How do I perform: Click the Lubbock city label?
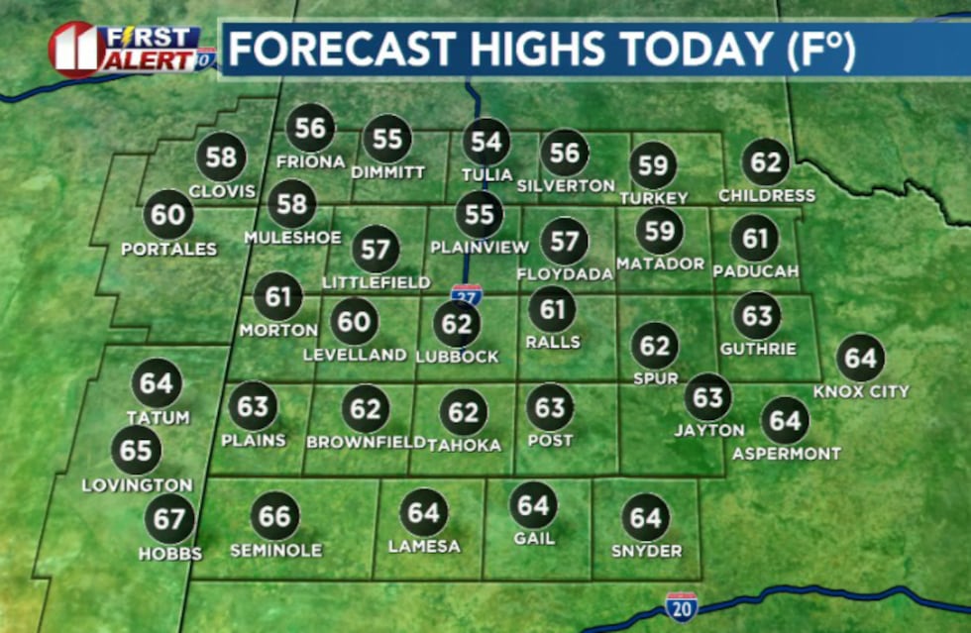click(x=457, y=357)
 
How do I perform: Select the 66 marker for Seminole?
click(x=275, y=516)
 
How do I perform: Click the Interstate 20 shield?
click(x=681, y=605)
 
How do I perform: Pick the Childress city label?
click(x=767, y=195)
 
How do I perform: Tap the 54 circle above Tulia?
click(x=486, y=142)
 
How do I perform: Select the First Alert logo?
click(x=129, y=49)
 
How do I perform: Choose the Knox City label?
click(x=861, y=391)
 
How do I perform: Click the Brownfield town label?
click(x=366, y=443)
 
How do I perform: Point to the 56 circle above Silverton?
click(x=565, y=153)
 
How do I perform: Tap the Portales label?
click(x=168, y=249)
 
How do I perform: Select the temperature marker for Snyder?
click(x=646, y=517)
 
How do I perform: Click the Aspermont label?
click(x=787, y=454)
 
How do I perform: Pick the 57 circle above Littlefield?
click(x=376, y=249)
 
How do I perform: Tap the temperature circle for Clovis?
click(x=222, y=158)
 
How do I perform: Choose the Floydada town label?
click(x=565, y=273)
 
